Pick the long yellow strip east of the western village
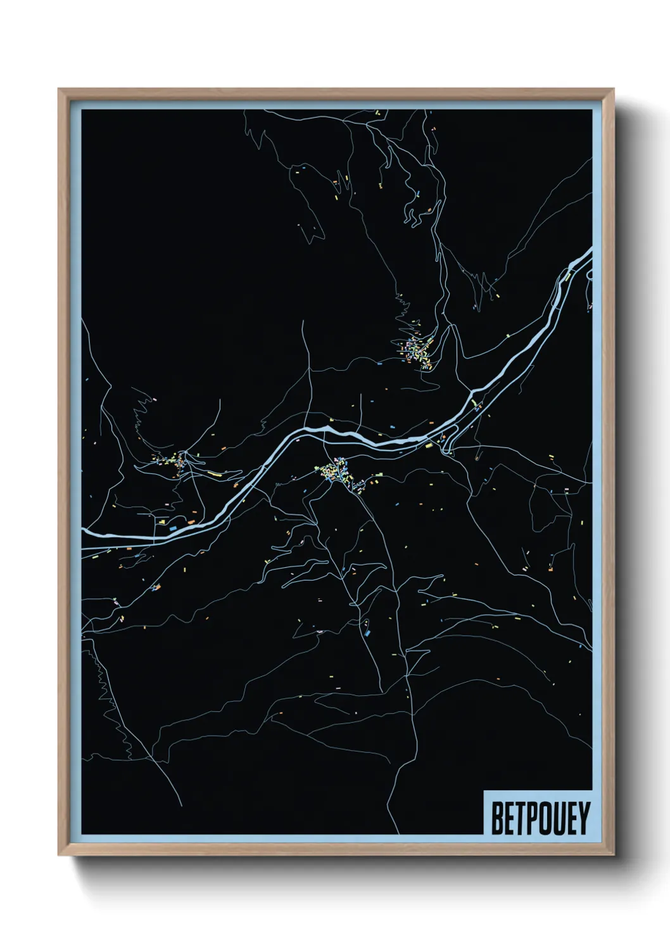212,473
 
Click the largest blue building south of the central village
367,630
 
